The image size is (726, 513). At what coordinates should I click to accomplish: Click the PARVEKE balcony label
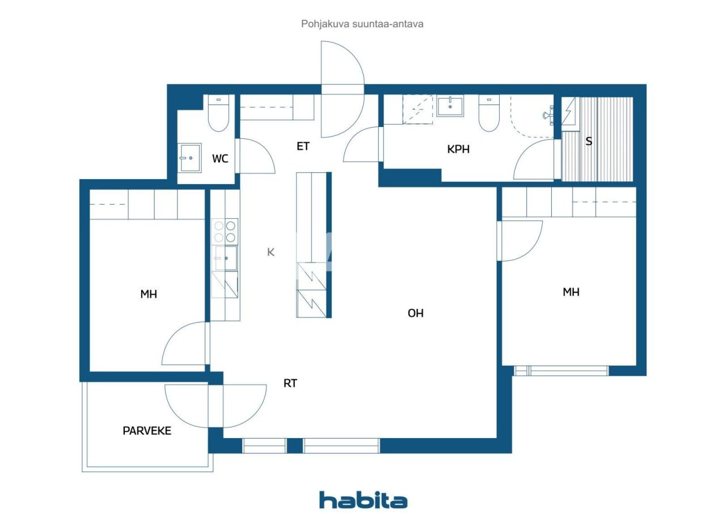[147, 431]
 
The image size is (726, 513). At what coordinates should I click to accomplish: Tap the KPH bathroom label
[458, 150]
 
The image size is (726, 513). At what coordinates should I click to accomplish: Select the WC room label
[220, 159]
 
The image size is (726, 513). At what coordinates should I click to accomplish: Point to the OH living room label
[415, 313]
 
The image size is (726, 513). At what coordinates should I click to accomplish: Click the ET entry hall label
[303, 146]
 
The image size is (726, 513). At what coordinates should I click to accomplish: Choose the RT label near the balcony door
[290, 384]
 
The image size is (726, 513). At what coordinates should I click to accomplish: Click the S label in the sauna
[589, 141]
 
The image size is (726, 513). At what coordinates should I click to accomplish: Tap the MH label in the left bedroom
[149, 294]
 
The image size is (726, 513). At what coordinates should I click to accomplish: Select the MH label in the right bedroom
[571, 292]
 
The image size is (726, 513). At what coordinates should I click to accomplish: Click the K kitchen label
[271, 252]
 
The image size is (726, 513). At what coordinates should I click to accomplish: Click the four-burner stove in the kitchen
[225, 231]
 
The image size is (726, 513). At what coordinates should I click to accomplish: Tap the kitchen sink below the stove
[225, 258]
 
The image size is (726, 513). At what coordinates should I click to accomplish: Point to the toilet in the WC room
[218, 115]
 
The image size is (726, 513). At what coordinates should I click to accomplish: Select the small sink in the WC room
[189, 156]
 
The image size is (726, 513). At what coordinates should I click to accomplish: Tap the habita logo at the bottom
[363, 500]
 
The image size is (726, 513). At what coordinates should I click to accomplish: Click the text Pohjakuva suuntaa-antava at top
[362, 24]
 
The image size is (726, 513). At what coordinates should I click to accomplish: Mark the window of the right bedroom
[561, 371]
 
